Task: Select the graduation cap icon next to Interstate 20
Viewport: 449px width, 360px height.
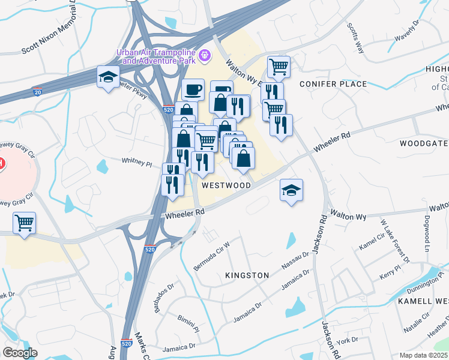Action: [108, 77]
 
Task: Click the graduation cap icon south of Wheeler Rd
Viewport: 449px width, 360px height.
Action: [292, 191]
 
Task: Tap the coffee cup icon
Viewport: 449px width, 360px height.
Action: [193, 91]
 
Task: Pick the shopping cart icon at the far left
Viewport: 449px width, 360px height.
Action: [24, 224]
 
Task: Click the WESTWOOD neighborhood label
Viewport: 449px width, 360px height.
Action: [226, 185]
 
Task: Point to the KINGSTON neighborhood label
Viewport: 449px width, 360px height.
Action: [247, 275]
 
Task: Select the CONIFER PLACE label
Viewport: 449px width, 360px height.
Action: [333, 84]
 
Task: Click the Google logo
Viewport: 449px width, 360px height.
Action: [20, 353]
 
